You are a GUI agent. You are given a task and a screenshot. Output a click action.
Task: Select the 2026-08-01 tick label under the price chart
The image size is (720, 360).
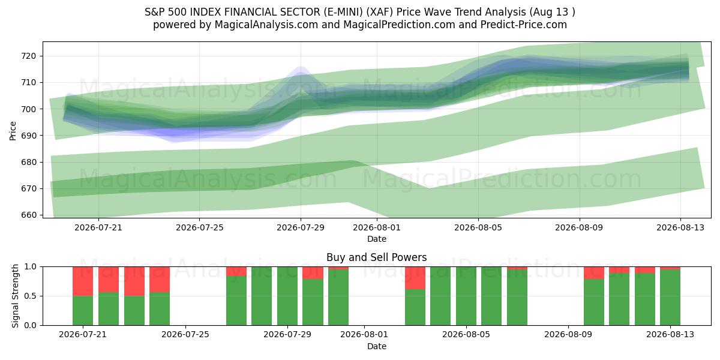coord(377,227)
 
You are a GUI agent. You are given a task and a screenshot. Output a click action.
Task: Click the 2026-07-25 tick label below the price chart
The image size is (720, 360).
coord(200,227)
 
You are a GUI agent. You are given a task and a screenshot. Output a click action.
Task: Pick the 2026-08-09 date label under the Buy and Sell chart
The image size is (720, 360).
coord(568,334)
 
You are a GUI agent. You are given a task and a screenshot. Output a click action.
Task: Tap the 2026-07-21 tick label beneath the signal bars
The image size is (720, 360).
coord(83,334)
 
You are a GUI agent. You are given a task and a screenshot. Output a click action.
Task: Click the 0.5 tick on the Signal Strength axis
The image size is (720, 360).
coord(31,296)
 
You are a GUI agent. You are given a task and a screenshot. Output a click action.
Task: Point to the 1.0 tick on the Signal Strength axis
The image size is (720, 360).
coord(31,267)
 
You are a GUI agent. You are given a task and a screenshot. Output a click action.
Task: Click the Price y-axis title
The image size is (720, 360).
coord(13,131)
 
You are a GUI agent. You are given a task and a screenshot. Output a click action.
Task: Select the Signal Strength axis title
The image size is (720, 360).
coord(15,296)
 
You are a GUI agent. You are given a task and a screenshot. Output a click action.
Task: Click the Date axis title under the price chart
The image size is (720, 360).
coord(377,239)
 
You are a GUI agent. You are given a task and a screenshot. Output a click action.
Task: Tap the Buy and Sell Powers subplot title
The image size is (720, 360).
coord(377,257)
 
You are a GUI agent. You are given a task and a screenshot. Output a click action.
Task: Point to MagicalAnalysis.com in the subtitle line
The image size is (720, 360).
coord(266,25)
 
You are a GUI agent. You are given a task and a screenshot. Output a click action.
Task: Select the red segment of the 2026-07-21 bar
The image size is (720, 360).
coord(83,281)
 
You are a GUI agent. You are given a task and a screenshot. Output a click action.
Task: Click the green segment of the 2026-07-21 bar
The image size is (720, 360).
coord(83,311)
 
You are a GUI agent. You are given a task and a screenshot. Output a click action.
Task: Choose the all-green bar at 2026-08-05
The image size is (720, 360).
coord(466,296)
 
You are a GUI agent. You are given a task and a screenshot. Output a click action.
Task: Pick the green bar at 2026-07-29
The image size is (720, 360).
coord(287,296)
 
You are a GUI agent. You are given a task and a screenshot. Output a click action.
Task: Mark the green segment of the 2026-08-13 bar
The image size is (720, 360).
coord(670,298)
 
